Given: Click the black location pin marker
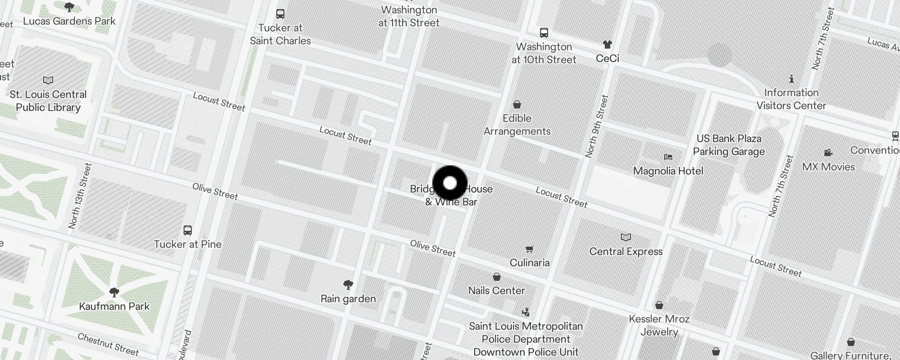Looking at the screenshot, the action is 450,183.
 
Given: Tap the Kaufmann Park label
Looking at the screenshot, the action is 114,306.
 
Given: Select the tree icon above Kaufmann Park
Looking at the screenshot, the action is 114,292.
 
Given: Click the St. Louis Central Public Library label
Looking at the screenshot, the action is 48,101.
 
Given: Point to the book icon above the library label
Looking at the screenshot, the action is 48,81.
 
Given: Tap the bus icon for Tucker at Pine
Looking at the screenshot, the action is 188,230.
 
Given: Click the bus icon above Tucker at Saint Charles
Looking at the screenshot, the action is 280,14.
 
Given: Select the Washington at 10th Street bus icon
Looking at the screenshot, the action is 544,33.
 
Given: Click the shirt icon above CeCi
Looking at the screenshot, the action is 607,45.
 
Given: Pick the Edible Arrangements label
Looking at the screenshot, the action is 517,125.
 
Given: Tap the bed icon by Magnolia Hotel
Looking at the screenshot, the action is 668,157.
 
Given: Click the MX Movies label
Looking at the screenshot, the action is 828,167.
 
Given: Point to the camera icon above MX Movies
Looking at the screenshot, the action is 828,153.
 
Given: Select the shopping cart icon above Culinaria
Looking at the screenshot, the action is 530,249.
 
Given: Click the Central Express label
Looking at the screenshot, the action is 626,252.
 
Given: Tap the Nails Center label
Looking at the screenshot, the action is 496,291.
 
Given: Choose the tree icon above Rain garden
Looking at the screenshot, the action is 348,284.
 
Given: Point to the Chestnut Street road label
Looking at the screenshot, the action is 108,344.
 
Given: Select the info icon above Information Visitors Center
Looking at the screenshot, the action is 791,79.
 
